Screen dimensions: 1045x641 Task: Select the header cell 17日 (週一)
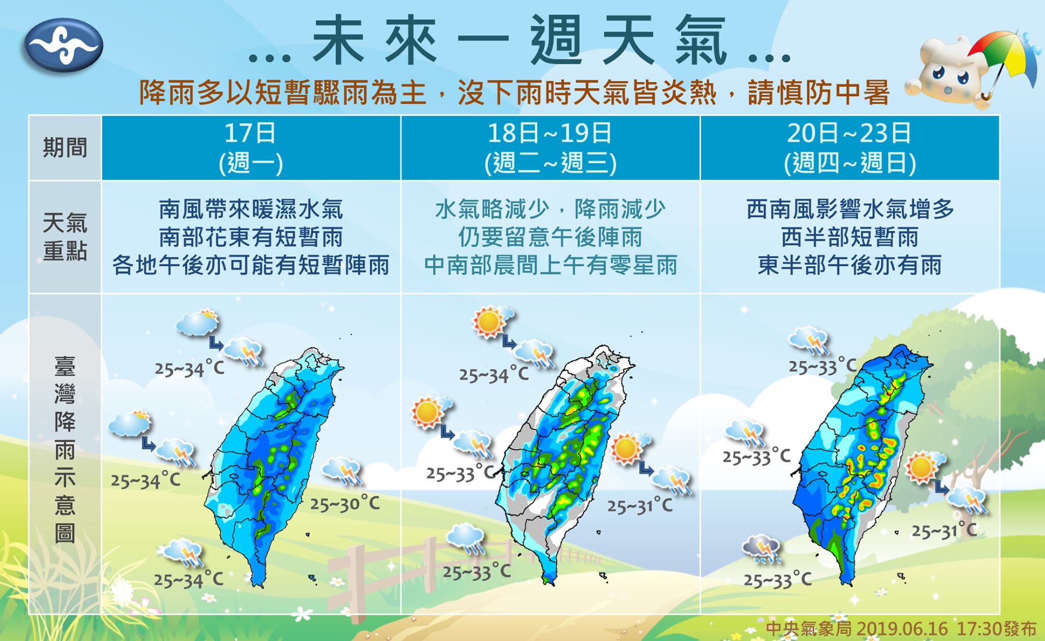coord(251,148)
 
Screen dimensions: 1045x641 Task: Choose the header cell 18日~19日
coord(550,148)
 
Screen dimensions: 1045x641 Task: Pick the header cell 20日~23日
coord(850,148)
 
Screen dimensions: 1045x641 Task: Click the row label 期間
coord(65,148)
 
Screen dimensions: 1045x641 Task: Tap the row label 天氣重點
coord(65,237)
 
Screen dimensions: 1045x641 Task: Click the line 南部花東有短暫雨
coord(251,238)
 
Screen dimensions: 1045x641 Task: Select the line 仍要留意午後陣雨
coord(550,238)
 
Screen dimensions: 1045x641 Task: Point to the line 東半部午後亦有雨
coord(850,266)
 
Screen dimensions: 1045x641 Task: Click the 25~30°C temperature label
coord(345,504)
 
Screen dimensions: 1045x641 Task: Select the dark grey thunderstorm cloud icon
coord(760,550)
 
